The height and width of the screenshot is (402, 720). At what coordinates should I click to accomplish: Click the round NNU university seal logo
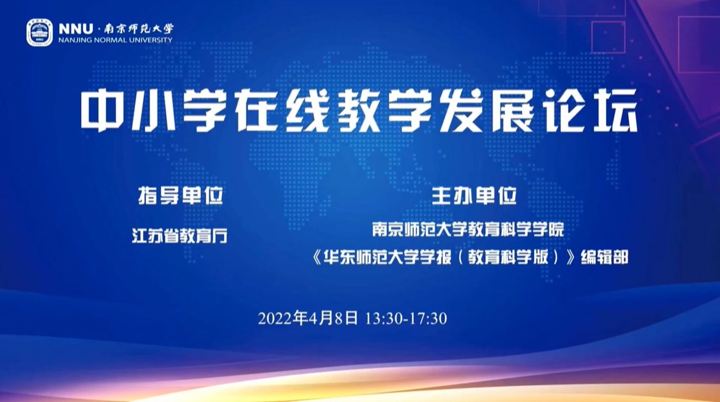point(40,33)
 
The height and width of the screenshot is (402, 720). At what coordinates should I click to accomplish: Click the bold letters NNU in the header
point(76,29)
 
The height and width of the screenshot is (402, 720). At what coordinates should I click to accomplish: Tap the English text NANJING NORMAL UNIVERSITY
point(115,40)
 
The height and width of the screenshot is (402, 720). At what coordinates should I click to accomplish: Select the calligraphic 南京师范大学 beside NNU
point(139,29)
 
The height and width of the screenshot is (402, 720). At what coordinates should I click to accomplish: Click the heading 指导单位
point(180,196)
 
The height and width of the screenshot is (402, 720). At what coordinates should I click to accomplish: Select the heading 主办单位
point(474,196)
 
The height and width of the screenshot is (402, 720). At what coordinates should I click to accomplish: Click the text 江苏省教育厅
point(180,236)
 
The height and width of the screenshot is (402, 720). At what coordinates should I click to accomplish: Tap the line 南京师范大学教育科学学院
point(468,229)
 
